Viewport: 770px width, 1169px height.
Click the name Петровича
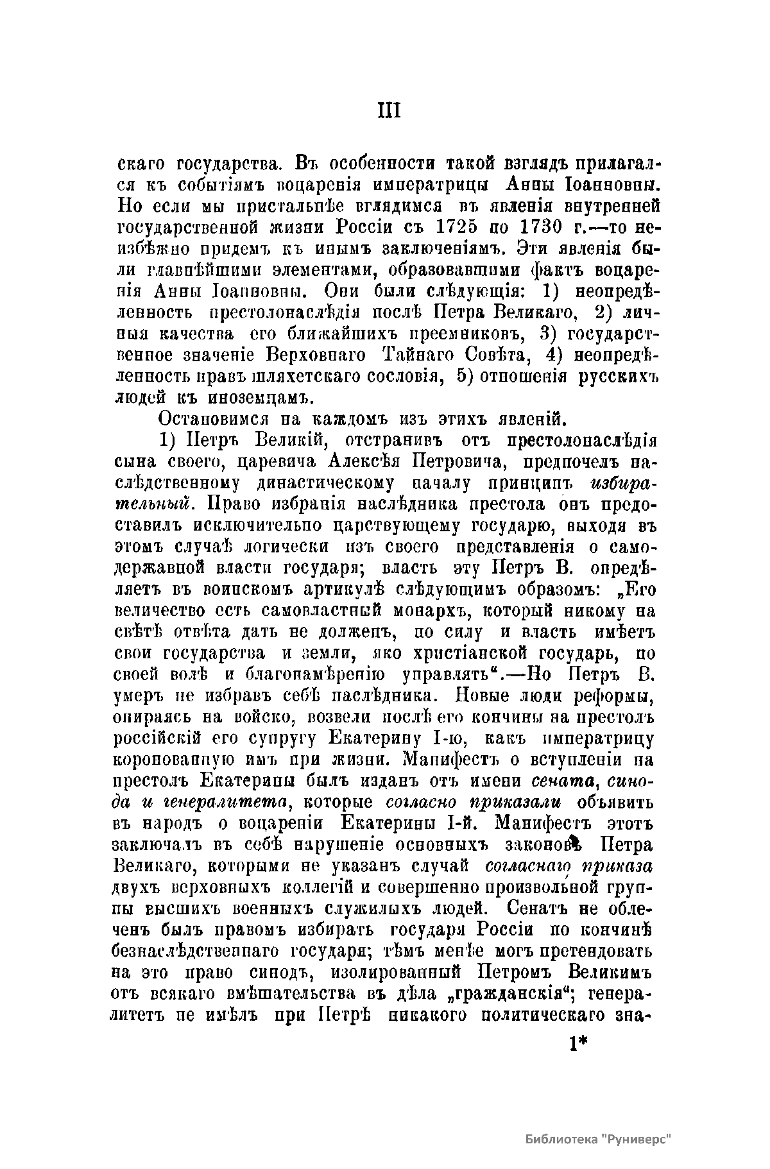(x=462, y=462)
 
